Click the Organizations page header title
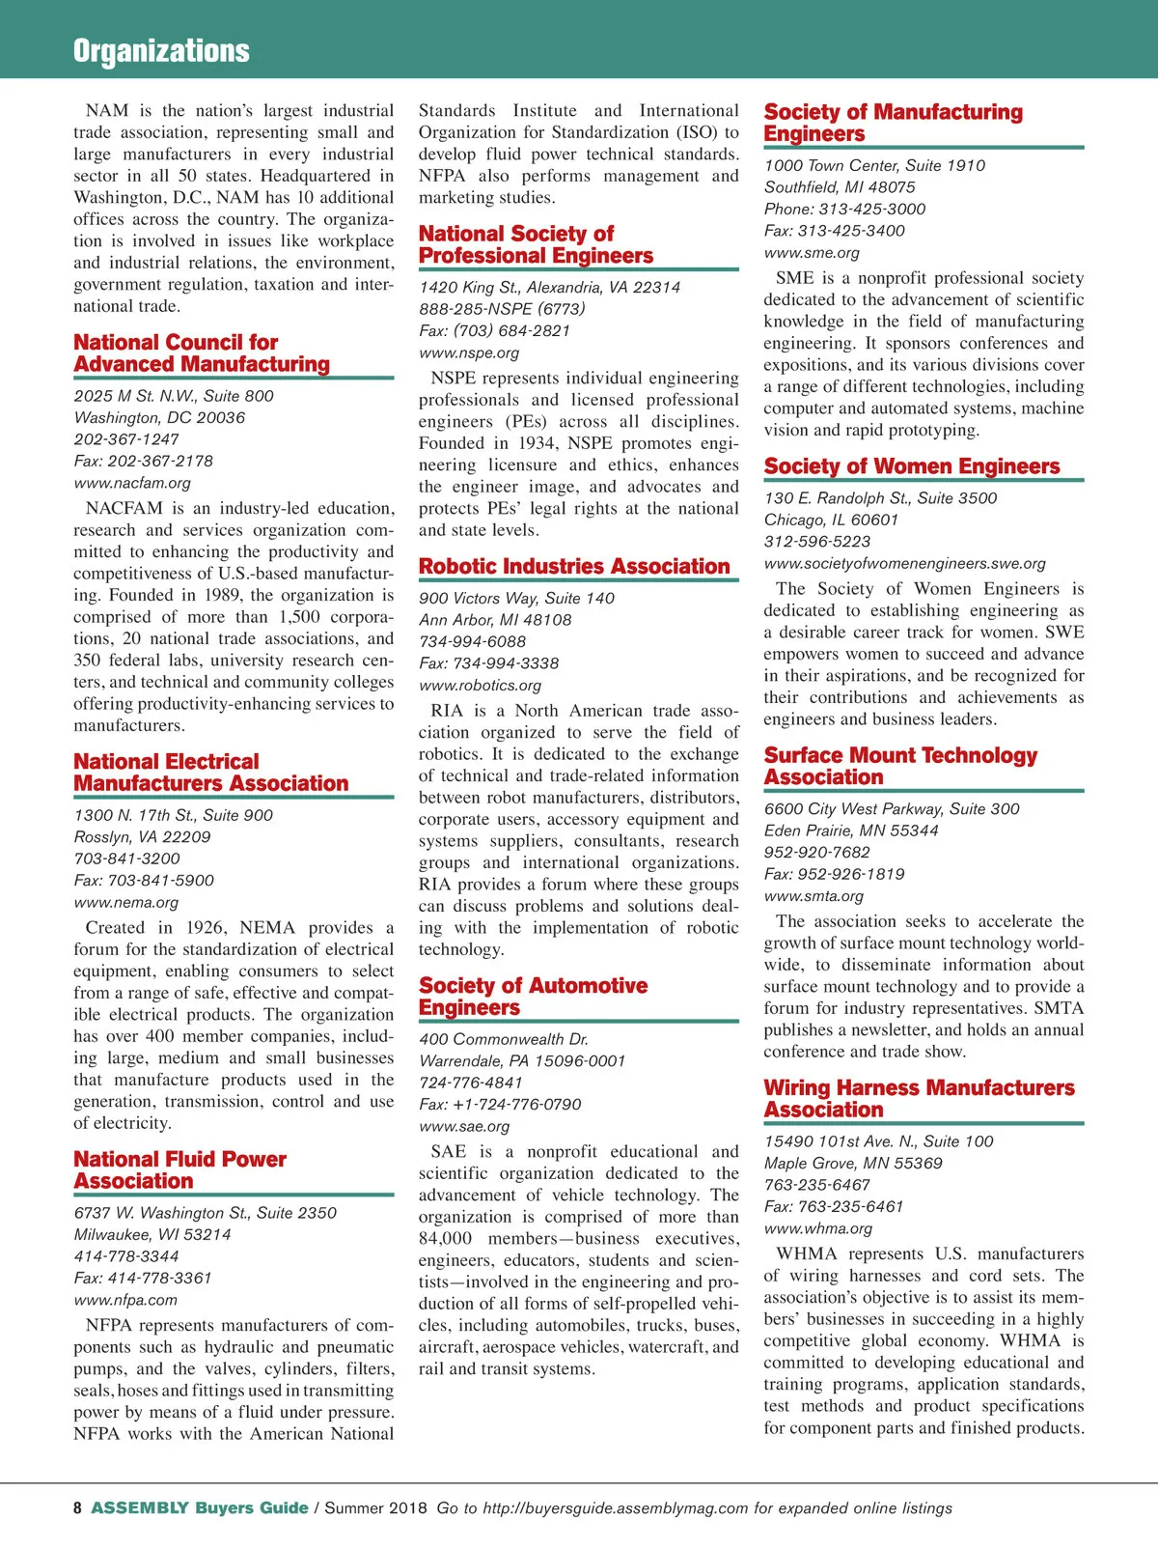[161, 50]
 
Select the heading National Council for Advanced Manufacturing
[202, 353]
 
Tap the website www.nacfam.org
[132, 483]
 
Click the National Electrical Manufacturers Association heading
[210, 773]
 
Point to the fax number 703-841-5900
[144, 881]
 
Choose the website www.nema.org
[126, 903]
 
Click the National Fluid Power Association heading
[179, 1169]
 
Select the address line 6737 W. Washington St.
[206, 1213]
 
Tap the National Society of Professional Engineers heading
[536, 244]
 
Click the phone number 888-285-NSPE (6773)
[502, 309]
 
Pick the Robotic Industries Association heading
[574, 566]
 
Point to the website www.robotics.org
[480, 686]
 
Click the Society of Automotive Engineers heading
[533, 997]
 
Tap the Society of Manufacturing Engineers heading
[893, 123]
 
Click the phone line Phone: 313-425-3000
[844, 210]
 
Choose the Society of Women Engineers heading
[911, 466]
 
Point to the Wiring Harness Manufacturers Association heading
[919, 1099]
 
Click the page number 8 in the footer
[77, 1508]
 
